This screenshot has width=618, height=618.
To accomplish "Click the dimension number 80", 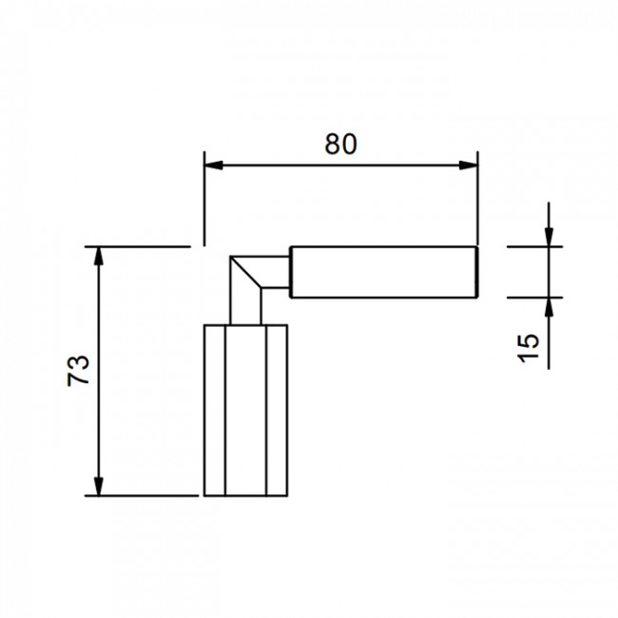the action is pos(340,144).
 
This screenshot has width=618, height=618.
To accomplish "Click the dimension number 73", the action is pos(78,371).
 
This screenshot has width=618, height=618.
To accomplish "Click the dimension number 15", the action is pos(528,348).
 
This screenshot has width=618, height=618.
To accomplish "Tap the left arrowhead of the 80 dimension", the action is pos(214,165).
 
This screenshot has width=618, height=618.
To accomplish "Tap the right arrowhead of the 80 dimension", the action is pos(468,165).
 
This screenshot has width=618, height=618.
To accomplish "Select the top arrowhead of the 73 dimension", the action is pos(99,256).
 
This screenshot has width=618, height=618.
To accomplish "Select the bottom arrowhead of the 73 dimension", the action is pos(99,486).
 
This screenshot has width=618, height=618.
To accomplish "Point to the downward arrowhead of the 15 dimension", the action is pos(549,238).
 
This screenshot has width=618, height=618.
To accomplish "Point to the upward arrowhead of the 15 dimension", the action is pos(549,307).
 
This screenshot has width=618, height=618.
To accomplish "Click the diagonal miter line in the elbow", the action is pos(245,272).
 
